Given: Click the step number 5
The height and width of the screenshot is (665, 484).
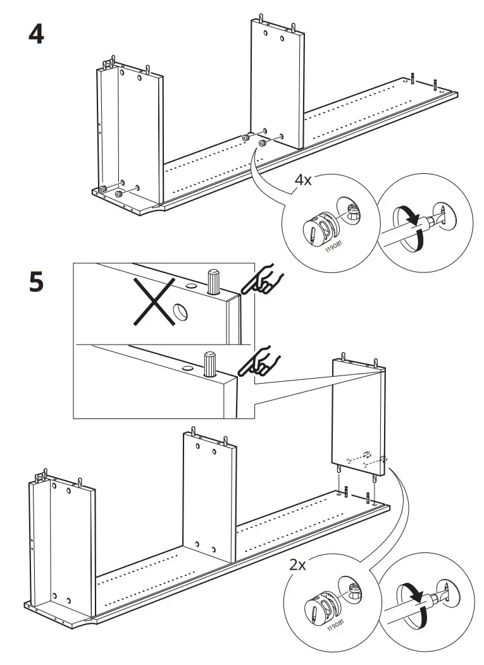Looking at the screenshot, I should (x=36, y=282).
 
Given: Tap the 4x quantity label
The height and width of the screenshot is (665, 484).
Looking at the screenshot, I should (x=304, y=180).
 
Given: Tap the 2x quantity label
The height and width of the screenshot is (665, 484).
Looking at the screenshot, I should (x=298, y=564).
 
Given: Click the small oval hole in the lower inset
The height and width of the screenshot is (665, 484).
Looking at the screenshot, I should (x=187, y=368).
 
